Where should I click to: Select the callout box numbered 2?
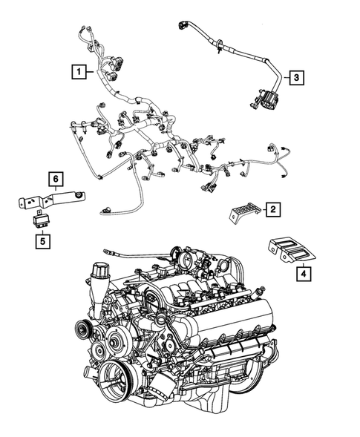click(x=272, y=211)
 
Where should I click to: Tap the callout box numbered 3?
click(x=295, y=77)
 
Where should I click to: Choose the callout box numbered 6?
click(x=54, y=179)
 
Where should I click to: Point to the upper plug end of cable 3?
click(x=183, y=27)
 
